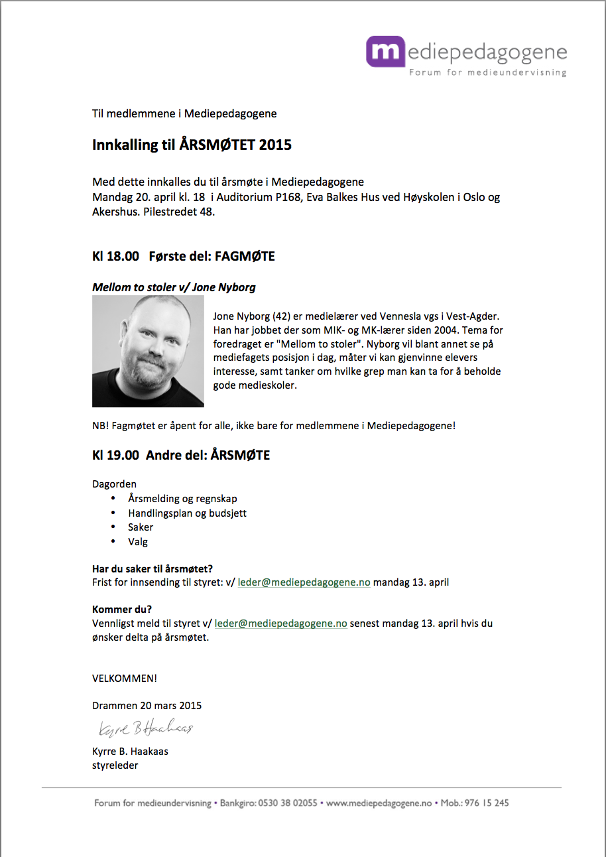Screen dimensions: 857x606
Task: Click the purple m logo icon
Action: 385,51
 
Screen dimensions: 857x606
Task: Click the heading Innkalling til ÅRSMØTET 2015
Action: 192,145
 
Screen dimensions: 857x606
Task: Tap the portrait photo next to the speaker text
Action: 148,352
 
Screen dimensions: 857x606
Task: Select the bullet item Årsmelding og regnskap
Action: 182,498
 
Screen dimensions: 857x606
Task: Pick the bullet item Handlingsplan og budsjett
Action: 187,513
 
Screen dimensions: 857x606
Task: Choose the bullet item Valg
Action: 138,541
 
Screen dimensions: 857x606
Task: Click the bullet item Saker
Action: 141,527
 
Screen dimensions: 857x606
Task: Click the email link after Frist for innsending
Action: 304,582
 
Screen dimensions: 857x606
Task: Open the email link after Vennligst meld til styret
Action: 280,624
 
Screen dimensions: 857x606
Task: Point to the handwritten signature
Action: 145,729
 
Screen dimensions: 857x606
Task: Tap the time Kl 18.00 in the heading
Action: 115,256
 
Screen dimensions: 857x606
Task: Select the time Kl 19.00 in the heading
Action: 115,455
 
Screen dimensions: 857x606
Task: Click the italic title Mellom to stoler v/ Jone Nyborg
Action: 174,287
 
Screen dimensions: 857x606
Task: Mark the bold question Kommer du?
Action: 122,610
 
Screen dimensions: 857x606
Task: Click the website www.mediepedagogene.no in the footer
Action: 379,803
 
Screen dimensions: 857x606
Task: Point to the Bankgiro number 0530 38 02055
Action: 287,803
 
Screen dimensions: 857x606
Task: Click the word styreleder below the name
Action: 115,765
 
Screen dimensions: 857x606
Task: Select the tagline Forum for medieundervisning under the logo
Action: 487,72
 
